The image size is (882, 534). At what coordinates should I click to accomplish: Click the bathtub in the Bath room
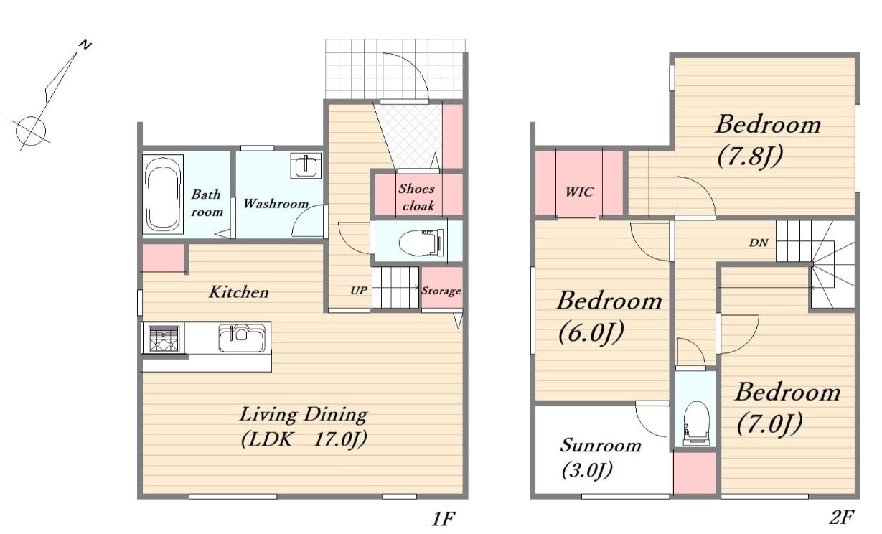163,194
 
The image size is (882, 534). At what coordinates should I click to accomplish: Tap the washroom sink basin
306,165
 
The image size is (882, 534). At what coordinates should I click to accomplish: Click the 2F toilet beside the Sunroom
696,423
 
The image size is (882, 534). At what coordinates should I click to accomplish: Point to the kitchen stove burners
164,338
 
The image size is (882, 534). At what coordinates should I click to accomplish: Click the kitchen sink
241,337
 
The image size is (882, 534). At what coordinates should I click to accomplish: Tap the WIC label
579,192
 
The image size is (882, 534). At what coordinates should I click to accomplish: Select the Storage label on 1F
441,291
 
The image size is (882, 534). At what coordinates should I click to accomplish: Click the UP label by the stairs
359,291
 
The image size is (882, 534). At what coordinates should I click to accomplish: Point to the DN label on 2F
759,243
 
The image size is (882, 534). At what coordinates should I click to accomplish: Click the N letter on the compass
85,45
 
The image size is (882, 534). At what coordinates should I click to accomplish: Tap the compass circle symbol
31,131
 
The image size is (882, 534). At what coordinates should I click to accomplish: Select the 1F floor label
444,519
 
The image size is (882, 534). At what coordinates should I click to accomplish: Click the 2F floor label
841,517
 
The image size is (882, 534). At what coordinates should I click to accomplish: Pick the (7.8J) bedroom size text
750,156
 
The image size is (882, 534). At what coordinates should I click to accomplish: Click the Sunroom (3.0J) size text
587,470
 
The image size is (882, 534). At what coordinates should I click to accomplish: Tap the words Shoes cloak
417,197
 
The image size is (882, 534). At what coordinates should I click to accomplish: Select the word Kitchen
239,292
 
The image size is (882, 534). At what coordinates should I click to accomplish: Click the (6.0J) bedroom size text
591,333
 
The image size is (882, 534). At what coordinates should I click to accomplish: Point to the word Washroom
276,204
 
